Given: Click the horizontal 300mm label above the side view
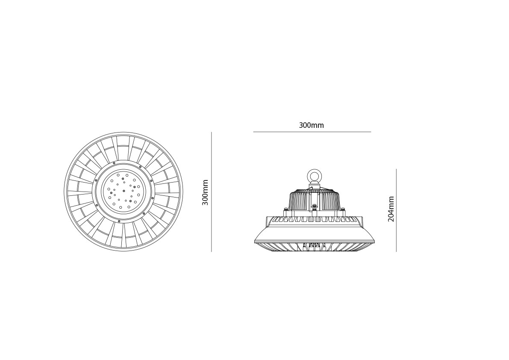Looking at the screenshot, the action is pos(311,125).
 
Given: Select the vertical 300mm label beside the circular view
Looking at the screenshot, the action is pos(205,192).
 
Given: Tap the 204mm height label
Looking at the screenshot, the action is pos(391,209).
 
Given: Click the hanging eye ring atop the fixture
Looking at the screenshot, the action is pos(314,176).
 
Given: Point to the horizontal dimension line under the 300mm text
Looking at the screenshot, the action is pos(312,132).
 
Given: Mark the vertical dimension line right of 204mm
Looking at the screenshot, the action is pos(396,210).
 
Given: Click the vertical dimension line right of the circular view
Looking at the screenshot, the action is pos(211,192).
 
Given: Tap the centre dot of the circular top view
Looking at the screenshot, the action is pos(124,191).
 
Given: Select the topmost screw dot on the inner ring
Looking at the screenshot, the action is pos(114,163).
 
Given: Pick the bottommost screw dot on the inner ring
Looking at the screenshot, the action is pos(119,221).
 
